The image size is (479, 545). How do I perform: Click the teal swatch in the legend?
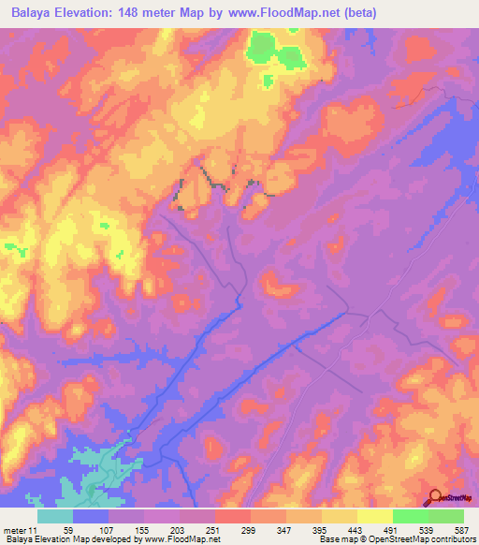[x=55, y=516]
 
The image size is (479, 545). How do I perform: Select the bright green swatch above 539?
[x=411, y=516]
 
